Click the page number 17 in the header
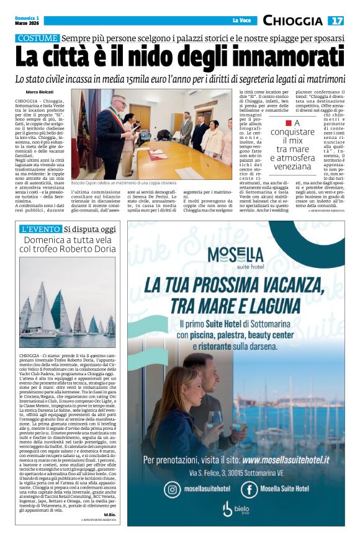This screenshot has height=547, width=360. [336, 20]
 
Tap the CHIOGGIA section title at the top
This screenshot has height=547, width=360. [292, 21]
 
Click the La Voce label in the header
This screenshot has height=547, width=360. [241, 21]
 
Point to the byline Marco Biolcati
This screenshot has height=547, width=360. [39, 92]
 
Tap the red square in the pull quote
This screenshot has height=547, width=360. [289, 123]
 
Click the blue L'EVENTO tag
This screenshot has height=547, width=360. [40, 230]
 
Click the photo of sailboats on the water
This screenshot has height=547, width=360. [67, 301]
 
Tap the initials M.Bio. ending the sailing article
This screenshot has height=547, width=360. [110, 515]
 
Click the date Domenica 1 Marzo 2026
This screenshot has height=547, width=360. [28, 21]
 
